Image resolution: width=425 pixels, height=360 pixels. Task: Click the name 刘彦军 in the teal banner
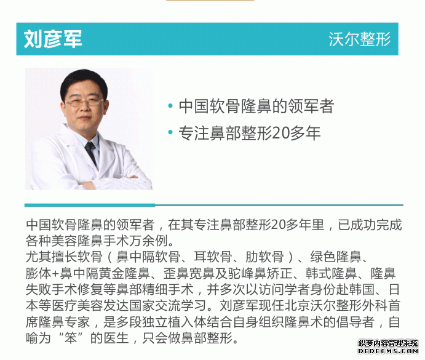(x=53, y=39)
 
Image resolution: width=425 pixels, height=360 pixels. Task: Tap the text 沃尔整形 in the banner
(x=359, y=39)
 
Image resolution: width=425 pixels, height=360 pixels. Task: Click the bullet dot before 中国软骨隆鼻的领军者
(x=170, y=106)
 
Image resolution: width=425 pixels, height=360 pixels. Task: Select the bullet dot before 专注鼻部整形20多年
(x=170, y=132)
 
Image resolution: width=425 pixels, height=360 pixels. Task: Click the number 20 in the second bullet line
(x=280, y=133)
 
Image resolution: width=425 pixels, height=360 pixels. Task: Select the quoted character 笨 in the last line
(x=71, y=338)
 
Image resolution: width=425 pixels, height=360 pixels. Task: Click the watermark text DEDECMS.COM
(x=388, y=351)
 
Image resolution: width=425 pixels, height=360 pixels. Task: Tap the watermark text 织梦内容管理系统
(x=388, y=343)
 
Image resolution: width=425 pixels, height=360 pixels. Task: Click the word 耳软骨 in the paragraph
(x=213, y=257)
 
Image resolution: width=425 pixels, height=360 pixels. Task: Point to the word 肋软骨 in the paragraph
(x=264, y=257)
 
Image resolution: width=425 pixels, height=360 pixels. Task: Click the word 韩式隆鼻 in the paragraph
(x=331, y=273)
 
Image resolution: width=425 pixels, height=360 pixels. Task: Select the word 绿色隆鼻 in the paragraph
(x=336, y=257)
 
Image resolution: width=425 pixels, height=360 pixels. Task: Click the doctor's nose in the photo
(x=85, y=108)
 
